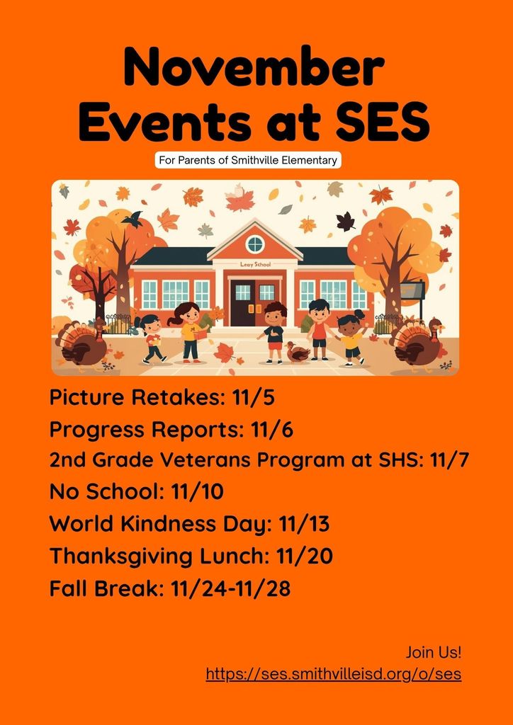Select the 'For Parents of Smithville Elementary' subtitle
pos(248,161)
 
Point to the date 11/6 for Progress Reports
pos(271,430)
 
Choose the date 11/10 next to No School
pos(197,493)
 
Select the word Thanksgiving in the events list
pos(121,557)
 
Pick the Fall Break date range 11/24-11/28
pos(230,588)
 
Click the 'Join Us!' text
pos(434,653)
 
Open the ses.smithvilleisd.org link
pos(334,674)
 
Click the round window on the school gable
pos(255,244)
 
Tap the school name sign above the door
pos(255,265)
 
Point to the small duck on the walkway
pos(298,353)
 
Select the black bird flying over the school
pos(133,219)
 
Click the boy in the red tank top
pos(319,329)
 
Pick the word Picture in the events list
pos(86,398)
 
